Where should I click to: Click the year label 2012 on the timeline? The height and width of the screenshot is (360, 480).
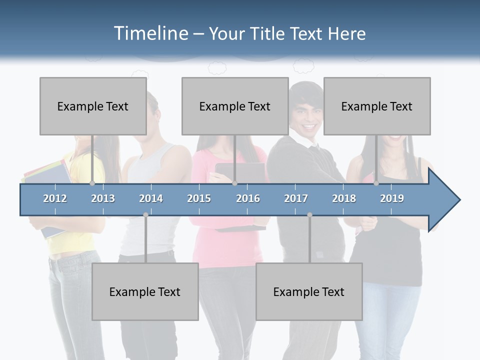point(55,198)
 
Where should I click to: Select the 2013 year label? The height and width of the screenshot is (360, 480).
point(103,198)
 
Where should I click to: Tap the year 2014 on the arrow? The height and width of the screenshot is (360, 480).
point(151,198)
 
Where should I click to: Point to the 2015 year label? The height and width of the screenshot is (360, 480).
point(199,198)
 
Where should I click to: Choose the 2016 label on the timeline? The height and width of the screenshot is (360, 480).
point(248,198)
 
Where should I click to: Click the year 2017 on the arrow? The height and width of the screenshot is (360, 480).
point(296,198)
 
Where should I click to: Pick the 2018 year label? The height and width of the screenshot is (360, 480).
point(344,198)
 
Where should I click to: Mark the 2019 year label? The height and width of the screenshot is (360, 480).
point(392,198)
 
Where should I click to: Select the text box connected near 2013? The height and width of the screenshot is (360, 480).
point(93,106)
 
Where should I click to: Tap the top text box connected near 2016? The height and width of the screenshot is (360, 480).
point(235,106)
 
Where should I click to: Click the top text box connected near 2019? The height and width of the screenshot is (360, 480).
point(377,106)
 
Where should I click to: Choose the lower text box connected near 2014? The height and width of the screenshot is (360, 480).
point(145,291)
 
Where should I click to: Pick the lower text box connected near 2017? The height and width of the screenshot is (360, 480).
point(309,291)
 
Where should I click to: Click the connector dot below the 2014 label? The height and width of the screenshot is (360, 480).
point(145,214)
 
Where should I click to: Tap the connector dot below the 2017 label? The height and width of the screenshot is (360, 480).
point(309,214)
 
